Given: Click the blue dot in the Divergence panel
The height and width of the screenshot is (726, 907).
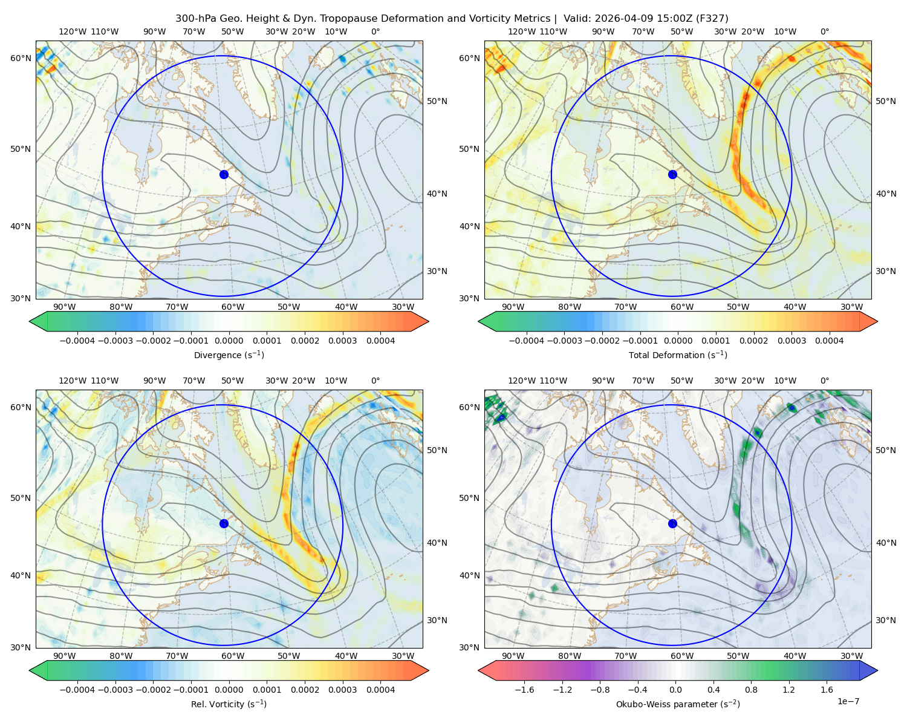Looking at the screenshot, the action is [224, 174].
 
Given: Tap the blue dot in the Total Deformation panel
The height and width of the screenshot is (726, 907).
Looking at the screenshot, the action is [672, 174].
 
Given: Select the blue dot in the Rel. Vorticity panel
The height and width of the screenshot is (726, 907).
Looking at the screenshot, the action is [224, 523].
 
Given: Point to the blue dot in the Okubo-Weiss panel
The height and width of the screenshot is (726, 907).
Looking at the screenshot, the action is [672, 523].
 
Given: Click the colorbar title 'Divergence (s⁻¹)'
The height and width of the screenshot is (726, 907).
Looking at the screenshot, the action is [229, 355].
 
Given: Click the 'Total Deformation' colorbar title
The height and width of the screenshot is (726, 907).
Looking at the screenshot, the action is [678, 355].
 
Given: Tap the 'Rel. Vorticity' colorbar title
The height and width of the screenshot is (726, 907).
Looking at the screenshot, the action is [229, 704].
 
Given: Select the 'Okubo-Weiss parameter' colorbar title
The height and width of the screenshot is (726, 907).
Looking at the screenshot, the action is [678, 704].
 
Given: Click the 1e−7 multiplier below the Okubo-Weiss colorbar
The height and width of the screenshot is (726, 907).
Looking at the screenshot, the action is [848, 701].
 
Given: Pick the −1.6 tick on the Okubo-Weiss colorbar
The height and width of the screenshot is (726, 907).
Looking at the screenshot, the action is [524, 689].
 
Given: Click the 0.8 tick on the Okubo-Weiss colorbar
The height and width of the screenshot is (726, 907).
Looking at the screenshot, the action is [751, 689].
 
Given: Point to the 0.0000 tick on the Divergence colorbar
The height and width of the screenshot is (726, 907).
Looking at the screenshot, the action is [229, 341].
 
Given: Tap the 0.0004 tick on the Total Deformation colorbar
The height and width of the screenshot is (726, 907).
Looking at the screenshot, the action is [829, 341].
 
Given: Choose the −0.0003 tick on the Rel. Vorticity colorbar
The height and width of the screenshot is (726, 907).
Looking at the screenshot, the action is [115, 689].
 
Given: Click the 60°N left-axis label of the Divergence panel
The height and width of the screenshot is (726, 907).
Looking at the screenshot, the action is [21, 58].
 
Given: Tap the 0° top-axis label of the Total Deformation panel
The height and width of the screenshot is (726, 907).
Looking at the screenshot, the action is [824, 31].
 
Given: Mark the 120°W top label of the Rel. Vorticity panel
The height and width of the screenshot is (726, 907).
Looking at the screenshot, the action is [73, 381].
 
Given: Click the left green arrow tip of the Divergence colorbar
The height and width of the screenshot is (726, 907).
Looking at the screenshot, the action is [30, 321].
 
